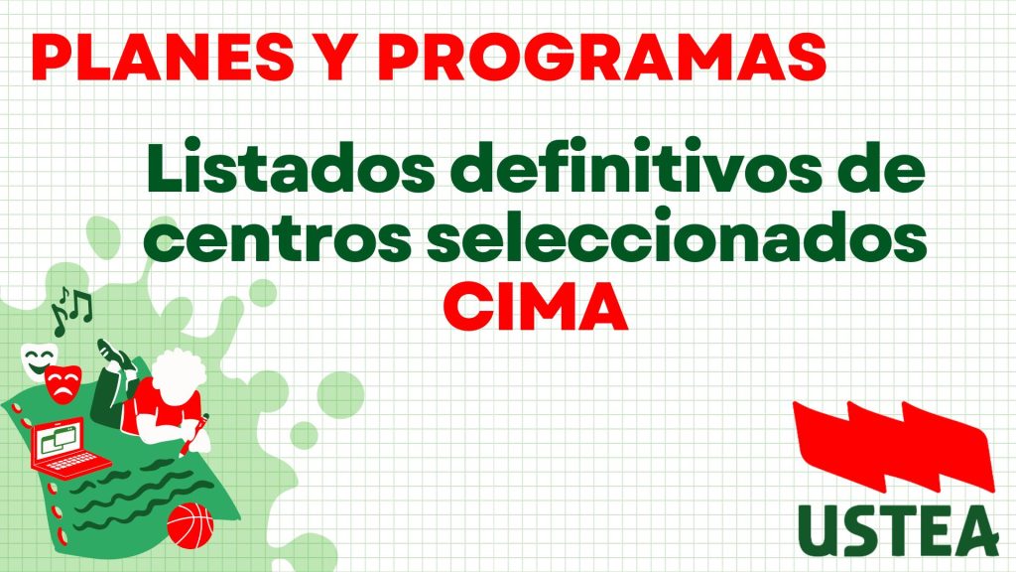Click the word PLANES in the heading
pyautogui.click(x=162, y=57)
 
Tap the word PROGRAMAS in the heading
pyautogui.click(x=602, y=57)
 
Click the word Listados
pyautogui.click(x=291, y=166)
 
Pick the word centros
pyautogui.click(x=278, y=237)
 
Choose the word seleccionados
pyautogui.click(x=677, y=234)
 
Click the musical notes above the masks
pyautogui.click(x=70, y=311)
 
